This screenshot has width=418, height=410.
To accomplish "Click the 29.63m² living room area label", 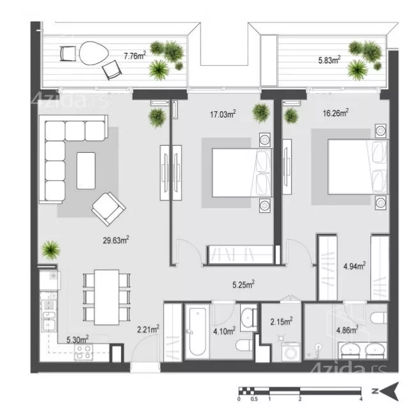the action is click(x=116, y=240).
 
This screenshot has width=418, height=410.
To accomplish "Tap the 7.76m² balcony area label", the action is click(x=135, y=56).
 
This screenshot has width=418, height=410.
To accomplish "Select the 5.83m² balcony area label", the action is click(x=329, y=60).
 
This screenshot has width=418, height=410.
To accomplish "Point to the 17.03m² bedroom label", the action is click(x=223, y=114).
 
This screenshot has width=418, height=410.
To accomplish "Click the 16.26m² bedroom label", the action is click(x=336, y=113).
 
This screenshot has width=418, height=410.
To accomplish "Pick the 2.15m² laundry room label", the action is click(x=281, y=321).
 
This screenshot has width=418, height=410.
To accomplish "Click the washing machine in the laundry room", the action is click(x=290, y=352).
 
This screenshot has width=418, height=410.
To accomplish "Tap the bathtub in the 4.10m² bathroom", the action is click(x=197, y=331).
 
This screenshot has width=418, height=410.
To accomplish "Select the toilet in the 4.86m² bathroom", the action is click(x=378, y=317).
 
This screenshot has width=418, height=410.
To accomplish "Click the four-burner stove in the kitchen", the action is click(x=84, y=352).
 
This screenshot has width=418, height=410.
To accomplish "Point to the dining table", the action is click(x=107, y=297).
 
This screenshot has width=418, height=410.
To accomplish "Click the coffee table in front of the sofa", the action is click(x=86, y=171).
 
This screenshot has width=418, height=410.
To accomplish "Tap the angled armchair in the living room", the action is click(x=108, y=209).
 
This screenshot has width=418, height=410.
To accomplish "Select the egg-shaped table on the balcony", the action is click(x=94, y=53).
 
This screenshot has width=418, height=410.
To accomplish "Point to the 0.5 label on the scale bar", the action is click(x=254, y=399).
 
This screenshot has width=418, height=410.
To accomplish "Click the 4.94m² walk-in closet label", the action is click(x=354, y=266).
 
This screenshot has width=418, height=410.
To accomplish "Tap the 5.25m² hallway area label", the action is click(x=243, y=284).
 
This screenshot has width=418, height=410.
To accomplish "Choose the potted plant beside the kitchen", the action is click(x=50, y=250).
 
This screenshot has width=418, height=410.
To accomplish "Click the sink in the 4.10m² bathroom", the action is click(x=248, y=317).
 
